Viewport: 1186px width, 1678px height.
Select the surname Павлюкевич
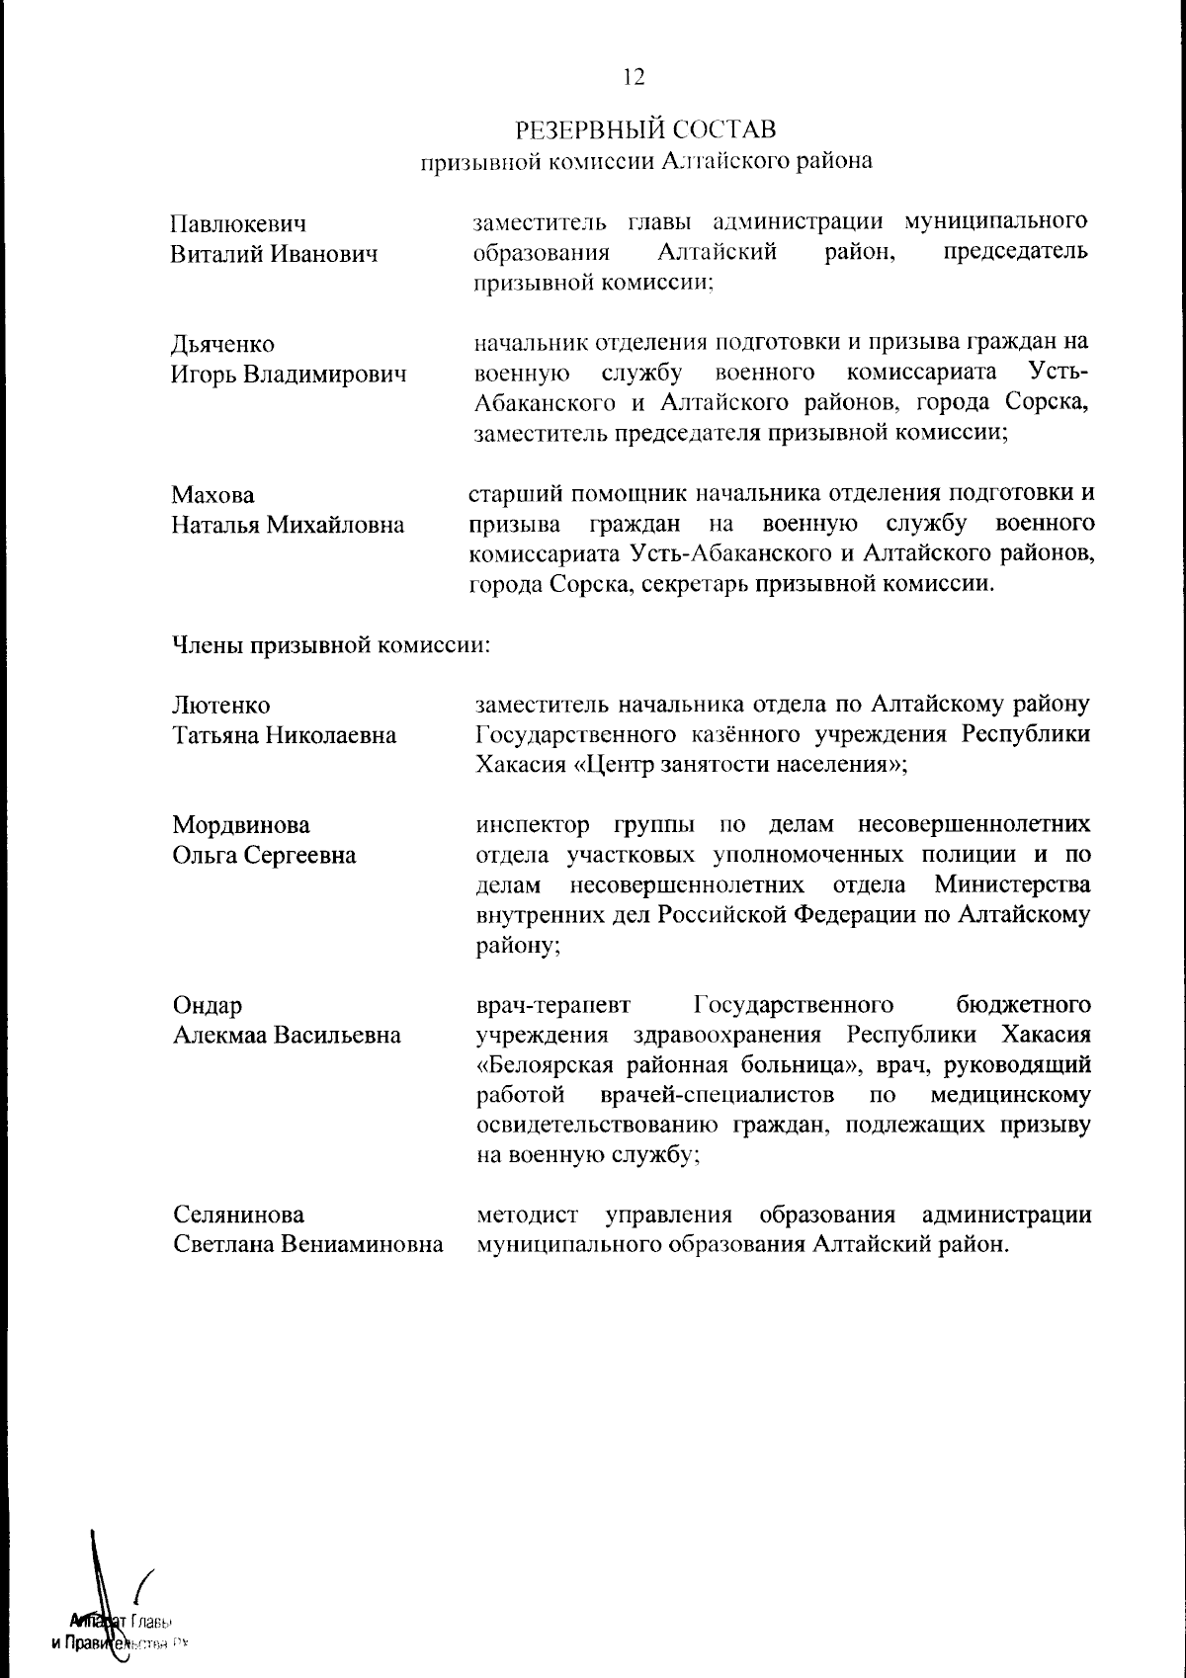(x=238, y=223)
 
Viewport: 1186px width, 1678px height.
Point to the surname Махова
(x=212, y=494)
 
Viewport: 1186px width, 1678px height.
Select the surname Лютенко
(x=221, y=705)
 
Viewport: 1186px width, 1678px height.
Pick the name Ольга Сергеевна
(x=264, y=855)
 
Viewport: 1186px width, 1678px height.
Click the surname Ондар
(x=208, y=1005)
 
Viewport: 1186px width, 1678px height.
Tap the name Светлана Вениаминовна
(x=307, y=1245)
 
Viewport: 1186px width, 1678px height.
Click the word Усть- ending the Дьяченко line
(x=1058, y=373)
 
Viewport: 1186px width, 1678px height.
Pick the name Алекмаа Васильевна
(x=287, y=1035)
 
